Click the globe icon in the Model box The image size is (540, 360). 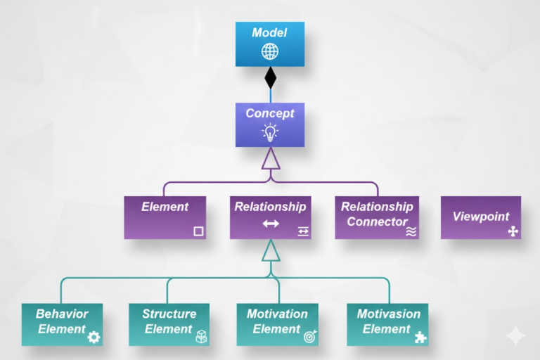coord(270,52)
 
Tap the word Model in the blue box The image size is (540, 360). coord(270,33)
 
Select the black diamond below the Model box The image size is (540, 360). coord(270,77)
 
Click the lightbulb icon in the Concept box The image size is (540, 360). coord(270,131)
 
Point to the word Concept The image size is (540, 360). coord(270,113)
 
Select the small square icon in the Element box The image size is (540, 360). coord(198,231)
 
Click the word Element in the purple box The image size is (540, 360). coord(165,207)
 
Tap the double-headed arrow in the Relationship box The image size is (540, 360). coord(271,224)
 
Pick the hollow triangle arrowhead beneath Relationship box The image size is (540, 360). coord(271,250)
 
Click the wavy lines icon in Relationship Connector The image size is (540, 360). coord(411,231)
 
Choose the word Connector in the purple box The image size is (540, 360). coord(377,221)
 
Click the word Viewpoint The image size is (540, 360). coord(480,217)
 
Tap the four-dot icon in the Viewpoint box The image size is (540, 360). coord(513,231)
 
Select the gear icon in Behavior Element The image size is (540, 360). coord(94,337)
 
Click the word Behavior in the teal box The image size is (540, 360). coord(62,314)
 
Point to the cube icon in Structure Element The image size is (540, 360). coord(201,337)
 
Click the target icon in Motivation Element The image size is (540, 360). coord(310,337)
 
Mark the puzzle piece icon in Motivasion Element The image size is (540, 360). coord(420,337)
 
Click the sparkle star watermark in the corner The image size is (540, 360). coord(515,337)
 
